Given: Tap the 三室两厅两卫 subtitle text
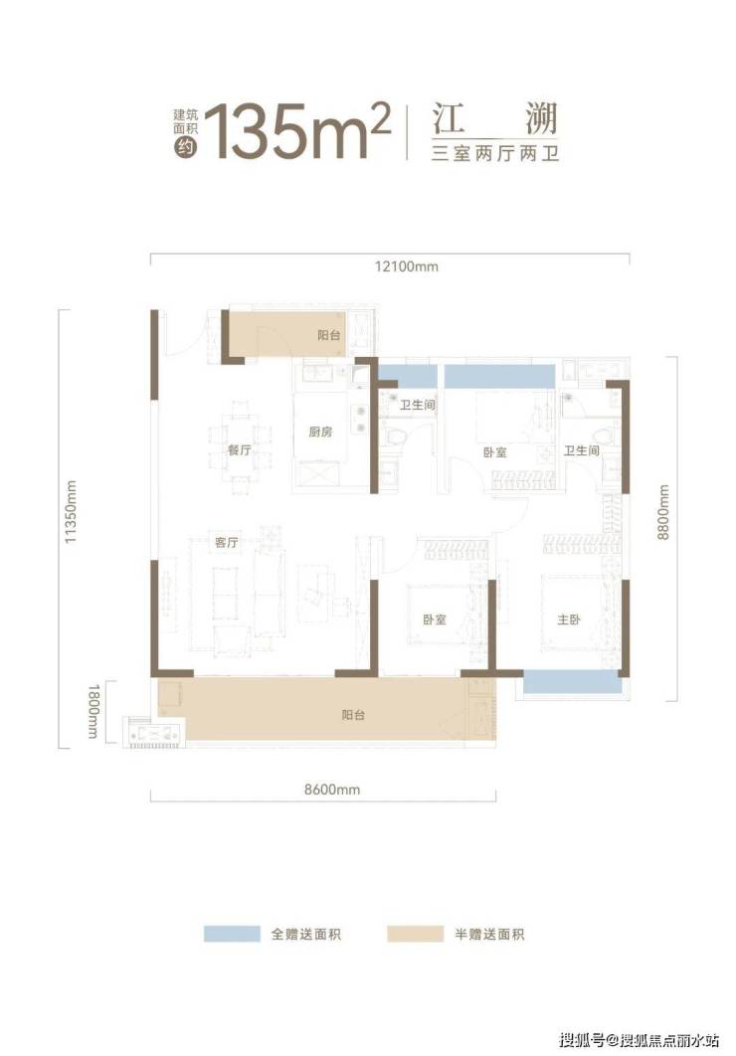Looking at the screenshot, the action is pyautogui.click(x=495, y=154).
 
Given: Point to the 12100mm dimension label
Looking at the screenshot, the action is pyautogui.click(x=406, y=266).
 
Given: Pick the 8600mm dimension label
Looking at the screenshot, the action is pyautogui.click(x=332, y=790).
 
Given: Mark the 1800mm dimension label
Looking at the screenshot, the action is pyautogui.click(x=93, y=711).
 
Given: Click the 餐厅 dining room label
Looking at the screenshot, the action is pyautogui.click(x=239, y=450).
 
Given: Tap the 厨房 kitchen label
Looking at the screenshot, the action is pyautogui.click(x=320, y=432).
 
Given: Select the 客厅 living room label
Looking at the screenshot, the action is pyautogui.click(x=227, y=542).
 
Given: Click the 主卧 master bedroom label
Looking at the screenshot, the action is pyautogui.click(x=569, y=619).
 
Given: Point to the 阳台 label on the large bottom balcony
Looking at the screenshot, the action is pyautogui.click(x=353, y=715).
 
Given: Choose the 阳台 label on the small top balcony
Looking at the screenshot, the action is pyautogui.click(x=328, y=335).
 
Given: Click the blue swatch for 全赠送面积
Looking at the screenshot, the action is pyautogui.click(x=232, y=934).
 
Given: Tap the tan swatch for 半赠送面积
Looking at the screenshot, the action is pyautogui.click(x=415, y=934).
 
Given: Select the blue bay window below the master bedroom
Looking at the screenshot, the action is pyautogui.click(x=572, y=682).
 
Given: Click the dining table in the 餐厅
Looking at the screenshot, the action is pyautogui.click(x=239, y=449).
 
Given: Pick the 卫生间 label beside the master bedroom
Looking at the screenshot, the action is pyautogui.click(x=581, y=450).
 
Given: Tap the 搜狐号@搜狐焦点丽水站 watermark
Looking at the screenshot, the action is pyautogui.click(x=640, y=1040).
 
